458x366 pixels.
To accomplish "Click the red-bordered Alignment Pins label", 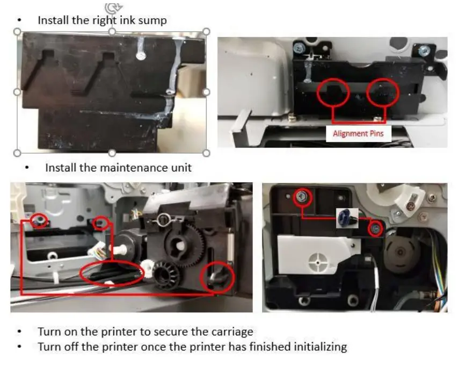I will coord(358,133).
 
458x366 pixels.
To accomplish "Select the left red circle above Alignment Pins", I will coord(333,93).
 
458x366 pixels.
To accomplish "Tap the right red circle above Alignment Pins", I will coord(383,93).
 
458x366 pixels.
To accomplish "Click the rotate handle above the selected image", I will coord(112,8).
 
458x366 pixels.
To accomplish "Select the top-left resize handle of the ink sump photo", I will coord(17,32).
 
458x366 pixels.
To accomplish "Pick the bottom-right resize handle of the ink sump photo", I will coord(206,153).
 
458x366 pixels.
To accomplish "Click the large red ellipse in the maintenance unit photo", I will coord(112,272).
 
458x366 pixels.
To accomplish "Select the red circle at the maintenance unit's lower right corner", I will coord(217,277).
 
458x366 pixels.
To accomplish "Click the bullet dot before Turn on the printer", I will coord(20,332).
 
